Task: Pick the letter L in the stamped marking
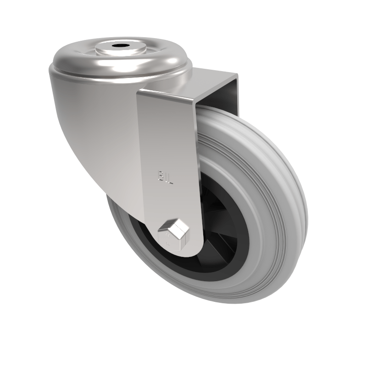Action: coord(170,178)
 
